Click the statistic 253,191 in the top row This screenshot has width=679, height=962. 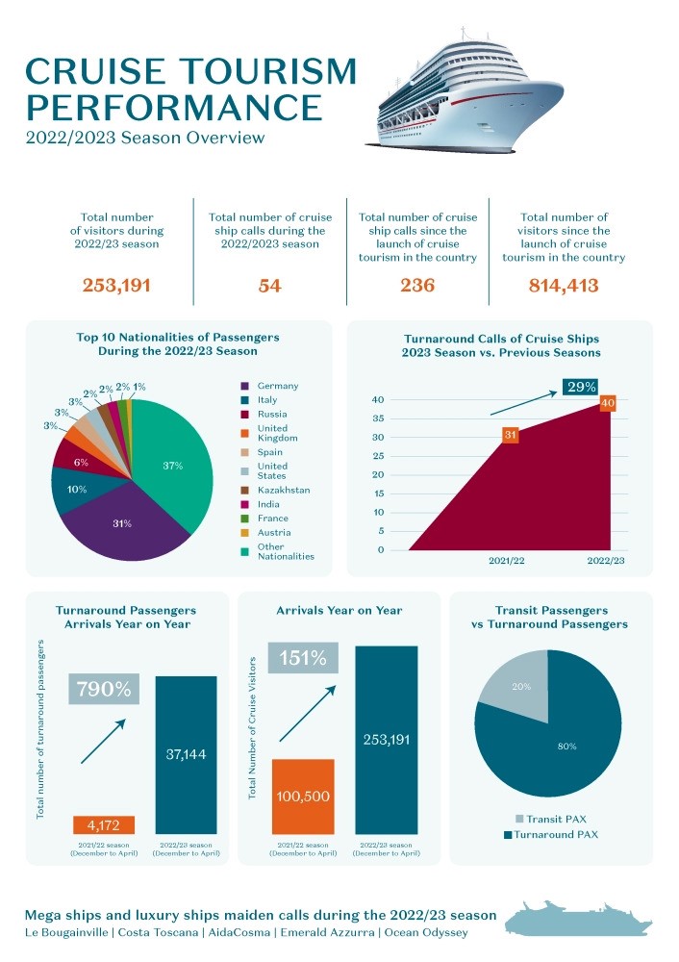[x=118, y=286]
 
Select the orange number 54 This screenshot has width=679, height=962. [x=269, y=286]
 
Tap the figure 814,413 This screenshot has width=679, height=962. [x=564, y=286]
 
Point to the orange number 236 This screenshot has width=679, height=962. [x=417, y=286]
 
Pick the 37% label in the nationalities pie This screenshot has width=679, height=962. [x=173, y=466]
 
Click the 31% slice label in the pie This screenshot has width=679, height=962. [x=122, y=523]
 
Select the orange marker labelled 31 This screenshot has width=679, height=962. [x=511, y=436]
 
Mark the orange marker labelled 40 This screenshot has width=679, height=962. [x=607, y=403]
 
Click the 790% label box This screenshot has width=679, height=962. [x=104, y=689]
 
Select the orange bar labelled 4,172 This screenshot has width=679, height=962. [x=104, y=825]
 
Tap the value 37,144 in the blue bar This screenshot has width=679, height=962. [x=186, y=754]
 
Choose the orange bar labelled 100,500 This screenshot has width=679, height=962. [x=303, y=796]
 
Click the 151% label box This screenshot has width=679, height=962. [x=303, y=659]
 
